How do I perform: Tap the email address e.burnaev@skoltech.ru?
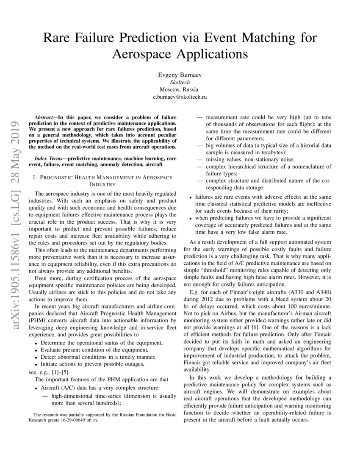(x=180, y=97)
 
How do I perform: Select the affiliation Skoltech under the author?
(x=180, y=82)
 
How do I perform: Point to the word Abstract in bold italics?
(x=46, y=116)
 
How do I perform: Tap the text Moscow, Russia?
(x=180, y=89)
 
